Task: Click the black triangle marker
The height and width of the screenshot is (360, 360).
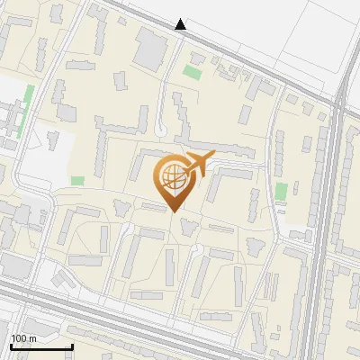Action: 181,24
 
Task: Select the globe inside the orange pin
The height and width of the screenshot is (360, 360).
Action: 172,175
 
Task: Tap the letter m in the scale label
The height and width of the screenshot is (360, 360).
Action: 32,337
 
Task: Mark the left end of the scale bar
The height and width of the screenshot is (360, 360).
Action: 11,346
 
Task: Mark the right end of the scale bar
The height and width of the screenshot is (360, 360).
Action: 72,346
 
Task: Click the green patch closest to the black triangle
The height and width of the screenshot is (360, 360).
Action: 192,70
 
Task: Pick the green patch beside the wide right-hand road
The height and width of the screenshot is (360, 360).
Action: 282,191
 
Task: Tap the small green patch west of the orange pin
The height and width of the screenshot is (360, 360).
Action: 77,180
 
